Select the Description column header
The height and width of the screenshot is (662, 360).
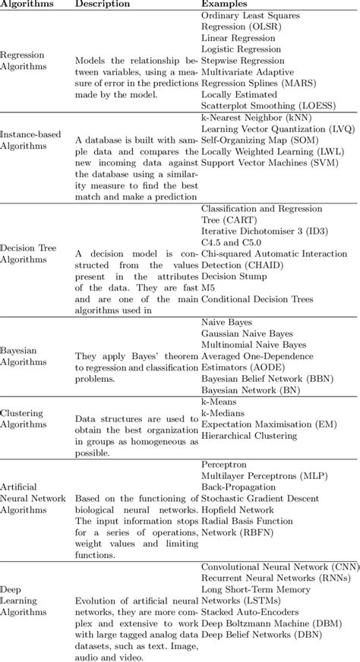point(102,5)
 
